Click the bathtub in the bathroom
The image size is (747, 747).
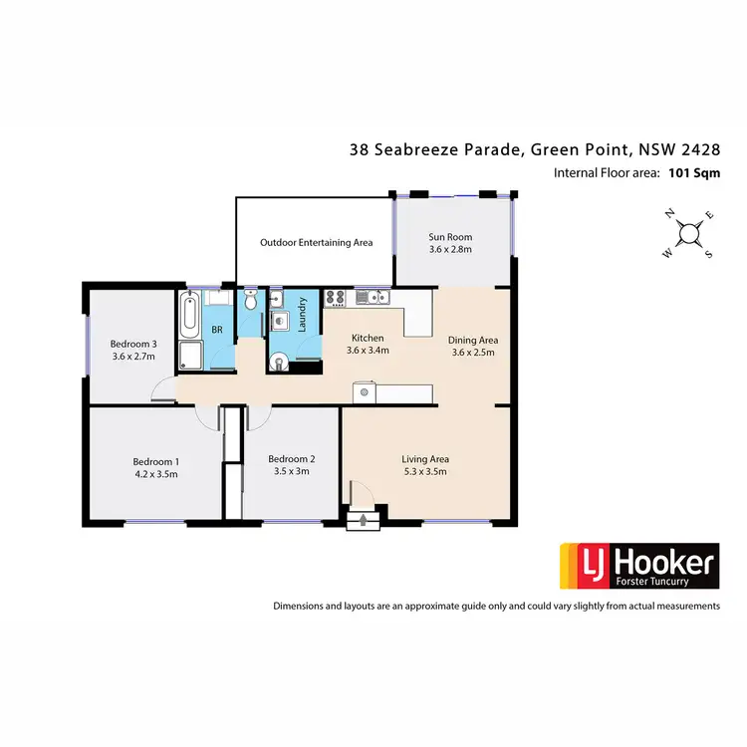[x=190, y=314]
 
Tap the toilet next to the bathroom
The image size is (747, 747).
[x=251, y=301]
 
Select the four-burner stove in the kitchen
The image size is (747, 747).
[x=334, y=296]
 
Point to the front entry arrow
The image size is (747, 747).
[x=363, y=518]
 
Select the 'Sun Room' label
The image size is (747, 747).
[x=450, y=237]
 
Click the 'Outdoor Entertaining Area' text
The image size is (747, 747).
[x=316, y=242]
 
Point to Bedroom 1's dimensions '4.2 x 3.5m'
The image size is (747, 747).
[x=155, y=474]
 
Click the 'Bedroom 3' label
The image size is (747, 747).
[x=133, y=344]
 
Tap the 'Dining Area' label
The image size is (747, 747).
[x=474, y=340]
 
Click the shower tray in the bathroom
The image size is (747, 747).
[x=189, y=357]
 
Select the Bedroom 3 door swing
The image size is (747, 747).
[x=163, y=390]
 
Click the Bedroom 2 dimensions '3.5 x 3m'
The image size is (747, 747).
[x=292, y=471]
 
